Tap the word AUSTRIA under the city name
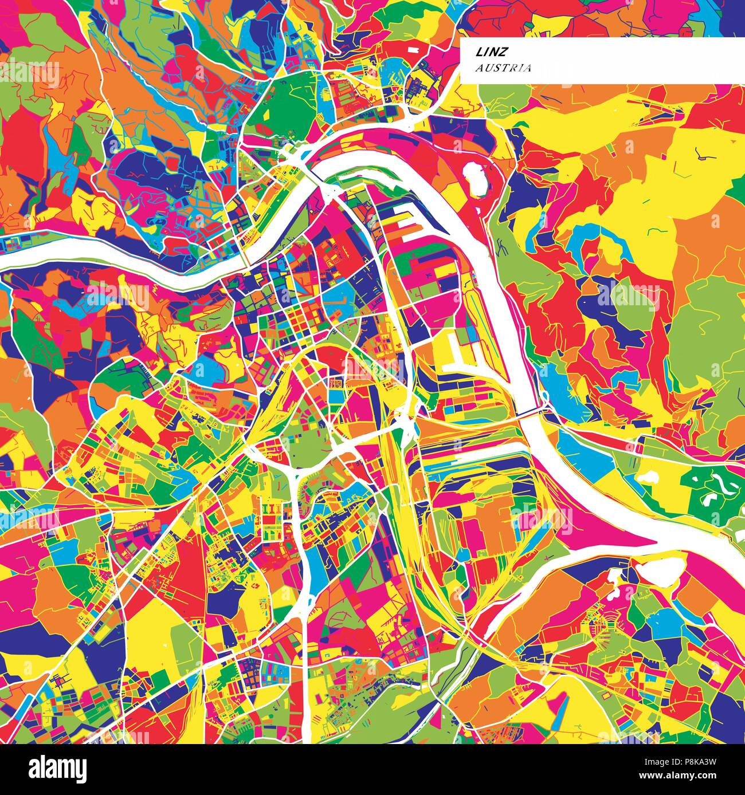(x=496, y=68)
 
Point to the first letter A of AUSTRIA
(x=478, y=68)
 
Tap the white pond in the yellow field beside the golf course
(x=648, y=477)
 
